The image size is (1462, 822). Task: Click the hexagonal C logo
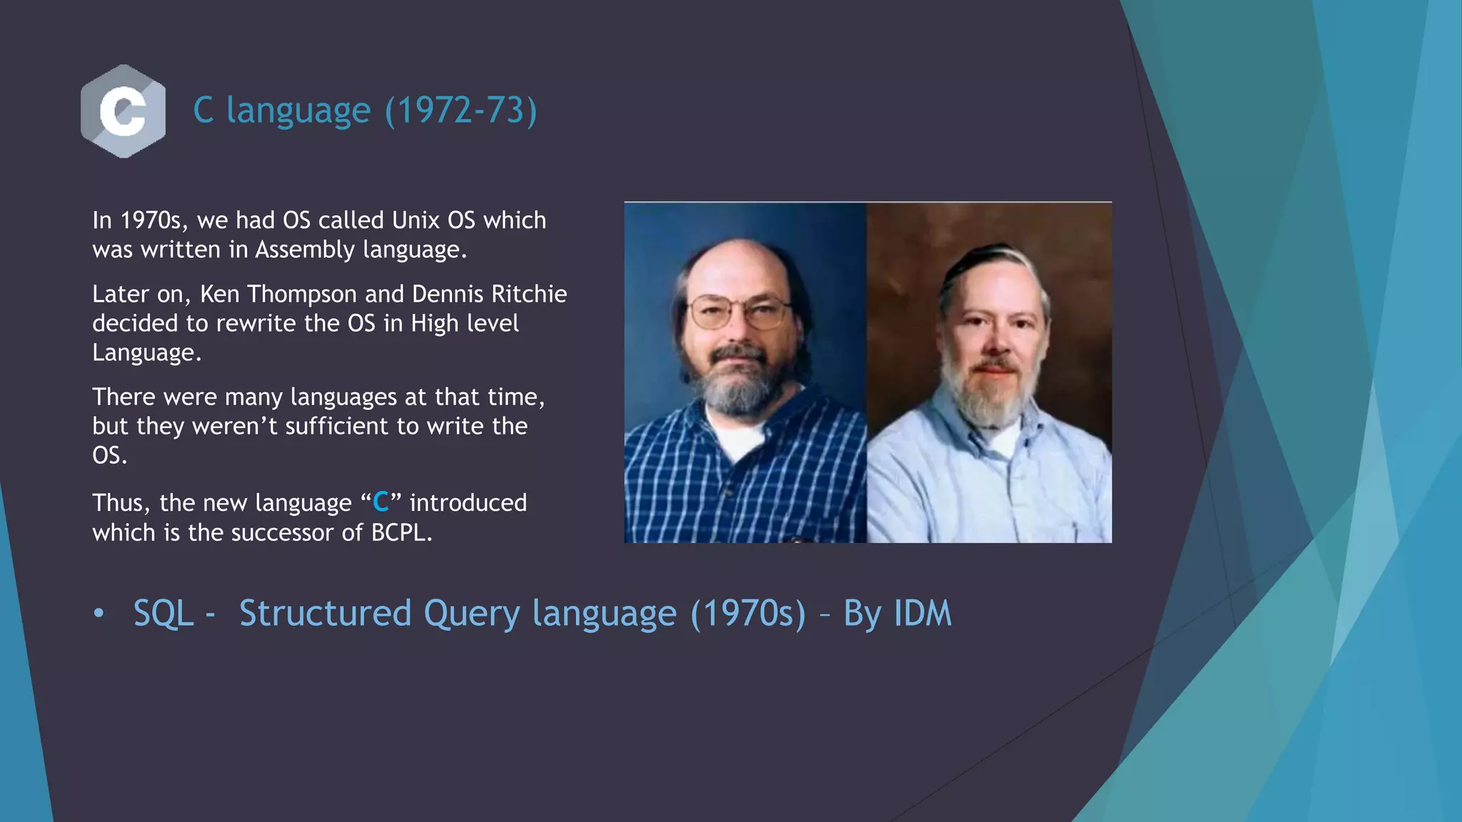[123, 111]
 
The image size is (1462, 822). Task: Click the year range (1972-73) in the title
[460, 111]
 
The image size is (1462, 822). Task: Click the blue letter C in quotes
[380, 502]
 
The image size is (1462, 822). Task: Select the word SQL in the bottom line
[163, 614]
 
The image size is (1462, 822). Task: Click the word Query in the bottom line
[471, 614]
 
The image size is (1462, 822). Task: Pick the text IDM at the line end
[922, 614]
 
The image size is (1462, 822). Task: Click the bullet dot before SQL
[99, 614]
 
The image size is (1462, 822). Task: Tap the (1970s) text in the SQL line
[748, 614]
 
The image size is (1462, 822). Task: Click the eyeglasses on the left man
[739, 313]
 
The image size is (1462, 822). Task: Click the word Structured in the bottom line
[325, 614]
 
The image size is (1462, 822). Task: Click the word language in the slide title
[298, 111]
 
